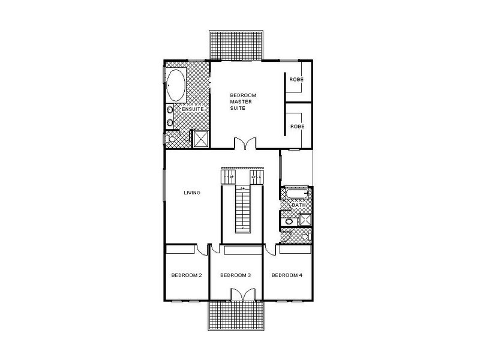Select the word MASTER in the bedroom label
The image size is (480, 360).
click(241, 102)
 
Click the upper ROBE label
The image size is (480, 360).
click(296, 80)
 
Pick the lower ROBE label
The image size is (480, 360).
click(296, 127)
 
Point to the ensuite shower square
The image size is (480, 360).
click(199, 139)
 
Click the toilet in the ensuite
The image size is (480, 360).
click(172, 139)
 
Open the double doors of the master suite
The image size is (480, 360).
click(244, 145)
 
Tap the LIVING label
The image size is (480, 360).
click(191, 193)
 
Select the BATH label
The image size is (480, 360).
click(298, 205)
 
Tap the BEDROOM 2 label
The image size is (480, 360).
click(186, 275)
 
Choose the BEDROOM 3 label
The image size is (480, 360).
click(235, 275)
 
